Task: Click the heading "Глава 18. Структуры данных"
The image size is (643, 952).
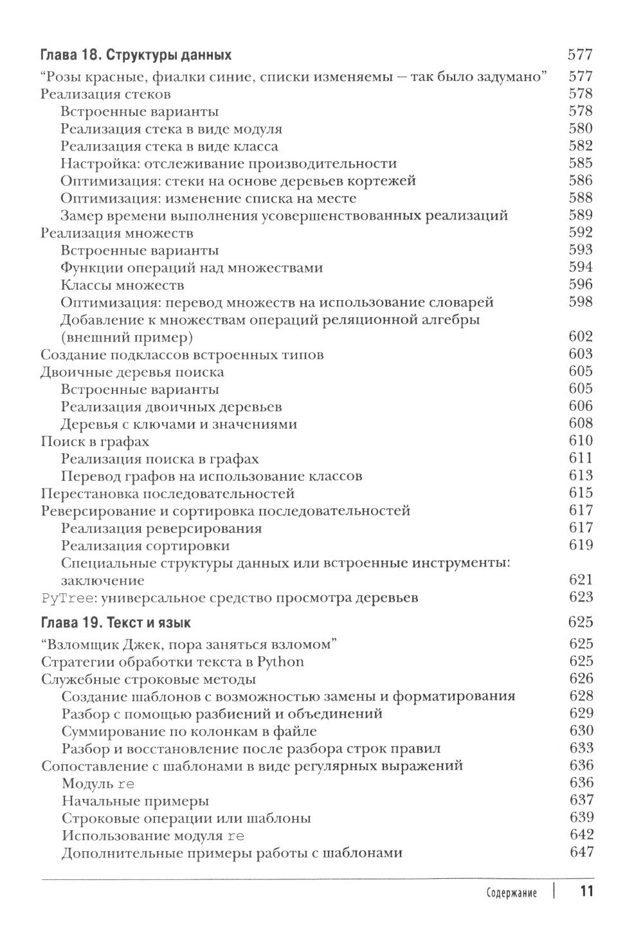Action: (136, 55)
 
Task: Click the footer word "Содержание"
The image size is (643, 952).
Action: (511, 894)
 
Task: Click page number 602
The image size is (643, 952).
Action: (581, 337)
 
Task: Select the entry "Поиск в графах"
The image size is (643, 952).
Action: (95, 442)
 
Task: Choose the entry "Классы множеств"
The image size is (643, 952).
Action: (123, 285)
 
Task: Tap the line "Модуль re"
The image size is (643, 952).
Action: (98, 784)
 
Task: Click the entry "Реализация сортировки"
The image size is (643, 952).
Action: (145, 546)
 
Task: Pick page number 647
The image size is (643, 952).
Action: (581, 853)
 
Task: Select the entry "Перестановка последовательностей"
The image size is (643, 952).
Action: (167, 494)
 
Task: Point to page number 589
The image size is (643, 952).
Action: (581, 215)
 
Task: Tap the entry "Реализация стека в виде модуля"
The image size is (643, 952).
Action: (172, 129)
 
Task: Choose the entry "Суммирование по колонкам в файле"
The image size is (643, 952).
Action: (189, 732)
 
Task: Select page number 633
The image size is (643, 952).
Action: (581, 749)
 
